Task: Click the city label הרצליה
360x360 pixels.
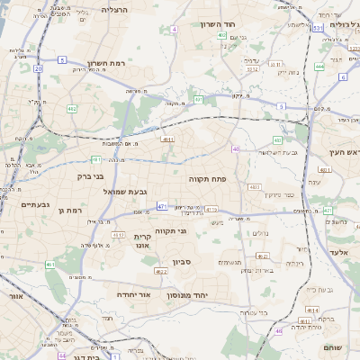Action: [x=115, y=9]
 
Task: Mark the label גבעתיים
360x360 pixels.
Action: [x=20, y=204]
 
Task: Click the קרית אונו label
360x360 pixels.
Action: [x=141, y=241]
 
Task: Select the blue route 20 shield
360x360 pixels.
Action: [x=38, y=68]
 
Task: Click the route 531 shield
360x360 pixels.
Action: [x=318, y=29]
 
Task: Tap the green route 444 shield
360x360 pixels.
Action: [x=319, y=67]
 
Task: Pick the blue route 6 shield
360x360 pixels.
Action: [x=343, y=77]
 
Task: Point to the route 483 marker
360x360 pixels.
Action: [x=255, y=187]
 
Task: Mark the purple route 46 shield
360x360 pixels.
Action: [x=235, y=149]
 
